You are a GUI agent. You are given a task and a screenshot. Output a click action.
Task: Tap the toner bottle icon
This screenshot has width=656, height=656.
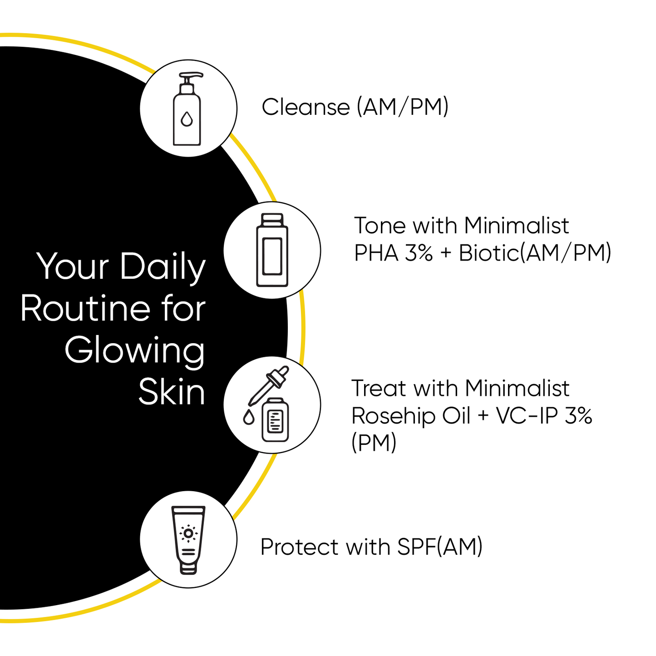pos(272,250)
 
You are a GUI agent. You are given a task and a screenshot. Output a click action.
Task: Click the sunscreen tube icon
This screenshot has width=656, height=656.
pos(188,539)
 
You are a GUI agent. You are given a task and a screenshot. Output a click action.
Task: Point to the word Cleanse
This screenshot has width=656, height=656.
pos(306,107)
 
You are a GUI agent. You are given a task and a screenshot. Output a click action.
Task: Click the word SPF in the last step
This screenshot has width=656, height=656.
pos(416,547)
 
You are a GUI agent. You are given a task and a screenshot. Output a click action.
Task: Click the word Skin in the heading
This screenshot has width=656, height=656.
pos(172,392)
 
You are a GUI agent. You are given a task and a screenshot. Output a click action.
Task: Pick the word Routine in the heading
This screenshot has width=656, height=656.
pos(85,309)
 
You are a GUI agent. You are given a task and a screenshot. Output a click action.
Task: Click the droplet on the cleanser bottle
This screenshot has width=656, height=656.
pos(187,119)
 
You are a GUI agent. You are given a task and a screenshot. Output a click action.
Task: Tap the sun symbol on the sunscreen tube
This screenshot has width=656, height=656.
pos(188,533)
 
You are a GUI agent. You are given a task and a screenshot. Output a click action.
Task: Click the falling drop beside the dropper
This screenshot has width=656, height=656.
pos(248,417)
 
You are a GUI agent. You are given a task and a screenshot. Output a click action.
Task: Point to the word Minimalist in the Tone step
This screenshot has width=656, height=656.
pos(516,226)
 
